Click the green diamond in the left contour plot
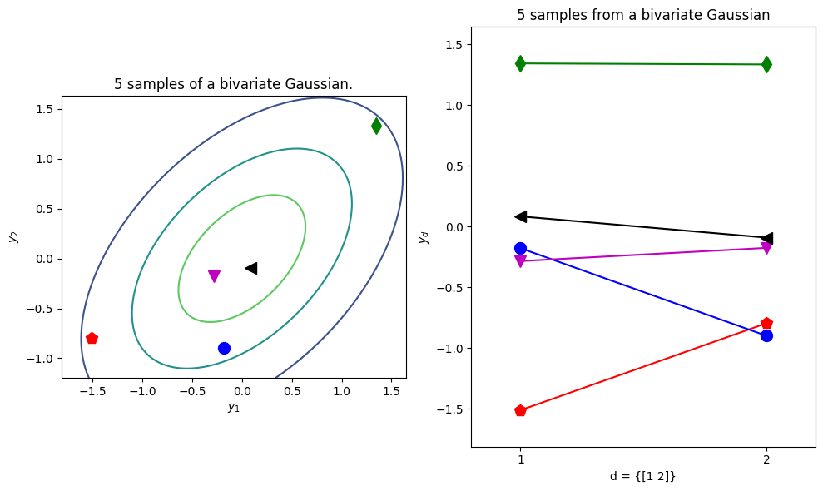pos(376,126)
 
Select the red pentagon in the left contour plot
pos(92,338)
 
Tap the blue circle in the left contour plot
pos(224,348)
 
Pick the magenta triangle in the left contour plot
pos(214,276)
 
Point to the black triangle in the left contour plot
pos(251,268)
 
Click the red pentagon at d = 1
pos(520,410)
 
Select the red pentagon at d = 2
pos(767,323)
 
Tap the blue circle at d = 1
pos(520,248)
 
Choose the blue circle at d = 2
pos(767,335)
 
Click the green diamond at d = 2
pos(767,65)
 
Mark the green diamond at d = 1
pos(520,63)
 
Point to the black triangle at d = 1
pos(520,216)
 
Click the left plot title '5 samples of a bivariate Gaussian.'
pos(234,84)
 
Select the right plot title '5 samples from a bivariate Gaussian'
pos(643,15)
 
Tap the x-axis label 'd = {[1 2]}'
pos(643,476)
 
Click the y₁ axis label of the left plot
pos(234,407)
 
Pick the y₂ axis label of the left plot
pos(14,237)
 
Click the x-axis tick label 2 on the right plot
pos(767,460)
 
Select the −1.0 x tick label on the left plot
pos(143,391)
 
